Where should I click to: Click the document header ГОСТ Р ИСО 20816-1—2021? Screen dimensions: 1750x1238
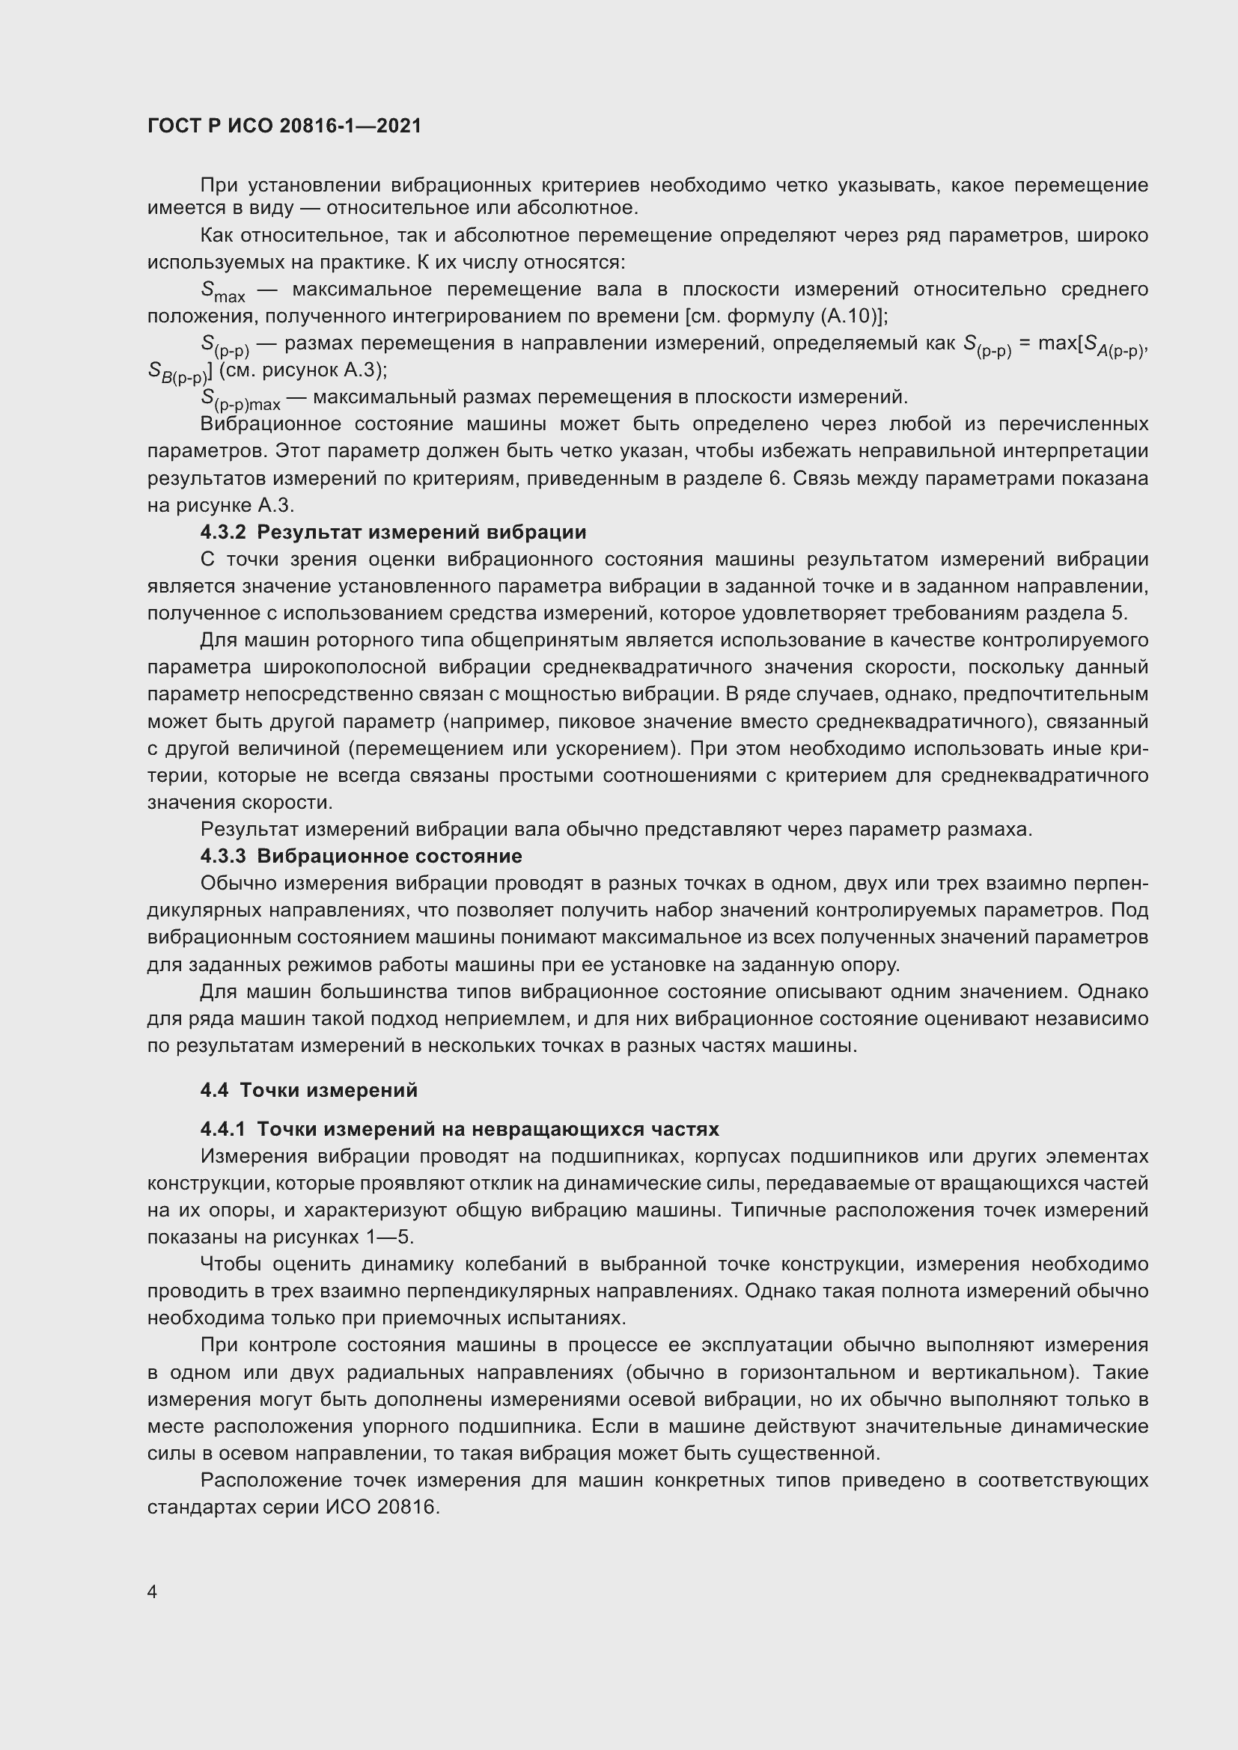point(284,126)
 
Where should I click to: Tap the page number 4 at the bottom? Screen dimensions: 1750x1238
point(152,1592)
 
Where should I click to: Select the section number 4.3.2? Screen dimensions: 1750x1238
point(222,532)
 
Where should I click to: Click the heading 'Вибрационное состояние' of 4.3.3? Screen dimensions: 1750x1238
point(389,856)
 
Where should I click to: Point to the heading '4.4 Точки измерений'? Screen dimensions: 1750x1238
point(308,1090)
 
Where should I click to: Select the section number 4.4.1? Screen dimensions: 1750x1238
point(222,1129)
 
